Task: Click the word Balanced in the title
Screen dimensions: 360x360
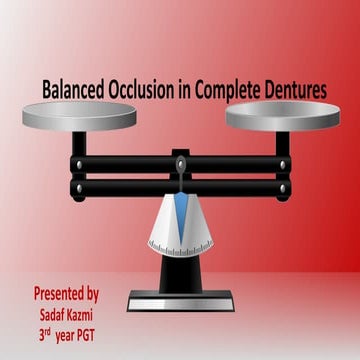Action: [74, 90]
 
